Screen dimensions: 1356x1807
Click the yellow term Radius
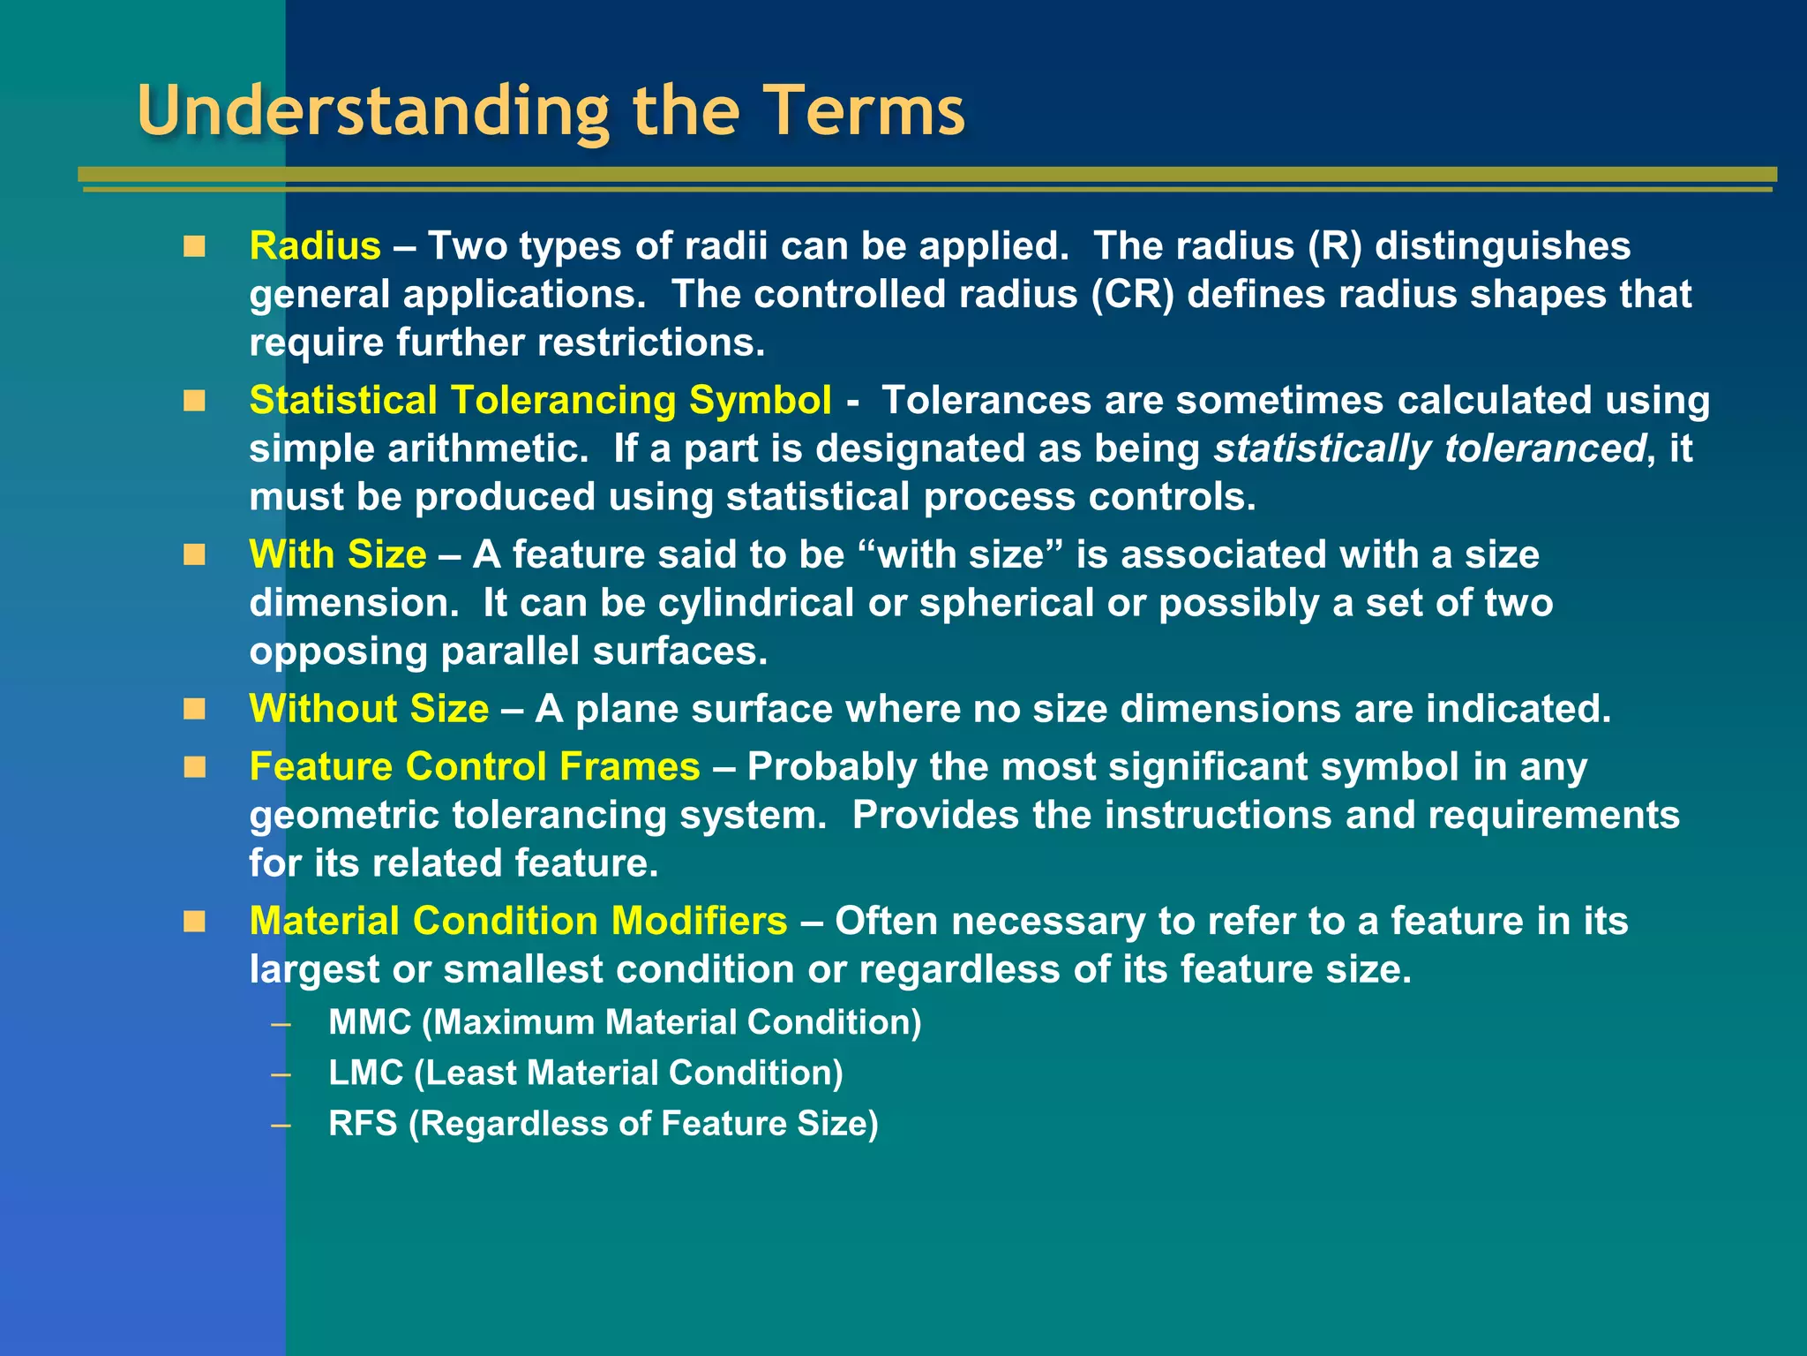click(315, 245)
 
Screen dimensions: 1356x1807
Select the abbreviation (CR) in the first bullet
click(1133, 294)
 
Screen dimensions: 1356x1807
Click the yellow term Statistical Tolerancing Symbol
click(540, 400)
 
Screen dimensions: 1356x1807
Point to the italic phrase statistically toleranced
click(1429, 448)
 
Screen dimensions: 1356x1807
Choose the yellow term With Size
click(338, 554)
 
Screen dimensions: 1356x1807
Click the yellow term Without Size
click(369, 709)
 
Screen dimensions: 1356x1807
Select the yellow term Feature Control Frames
click(475, 766)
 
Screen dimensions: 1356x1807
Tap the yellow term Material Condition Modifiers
click(518, 921)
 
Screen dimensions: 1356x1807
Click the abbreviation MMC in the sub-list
click(370, 1022)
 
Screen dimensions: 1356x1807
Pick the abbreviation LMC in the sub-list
click(365, 1073)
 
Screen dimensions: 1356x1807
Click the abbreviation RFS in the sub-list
click(363, 1123)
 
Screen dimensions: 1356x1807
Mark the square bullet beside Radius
click(194, 246)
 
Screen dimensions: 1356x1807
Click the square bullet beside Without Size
click(194, 710)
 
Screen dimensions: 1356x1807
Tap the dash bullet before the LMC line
click(281, 1074)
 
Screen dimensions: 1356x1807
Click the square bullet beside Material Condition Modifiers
click(194, 922)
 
